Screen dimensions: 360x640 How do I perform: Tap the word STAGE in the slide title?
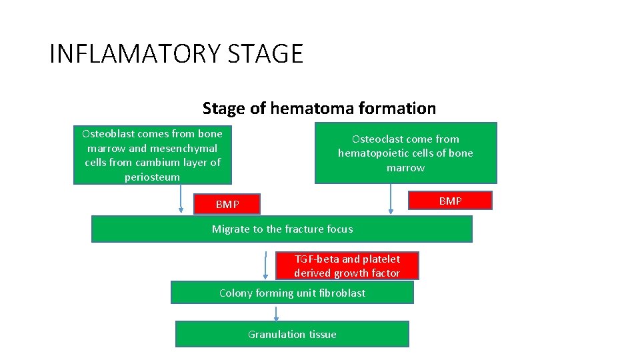click(x=265, y=53)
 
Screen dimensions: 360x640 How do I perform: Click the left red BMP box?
click(x=227, y=204)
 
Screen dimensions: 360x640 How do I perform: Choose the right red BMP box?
click(x=449, y=201)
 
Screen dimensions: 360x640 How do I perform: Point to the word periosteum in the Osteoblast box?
click(x=152, y=177)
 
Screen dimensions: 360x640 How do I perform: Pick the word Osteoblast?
click(x=107, y=133)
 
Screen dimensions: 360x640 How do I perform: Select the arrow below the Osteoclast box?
click(x=391, y=199)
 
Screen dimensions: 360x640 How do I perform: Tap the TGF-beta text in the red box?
click(x=317, y=259)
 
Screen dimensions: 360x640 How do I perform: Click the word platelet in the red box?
click(x=381, y=259)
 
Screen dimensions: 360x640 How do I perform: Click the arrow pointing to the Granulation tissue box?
click(x=275, y=313)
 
